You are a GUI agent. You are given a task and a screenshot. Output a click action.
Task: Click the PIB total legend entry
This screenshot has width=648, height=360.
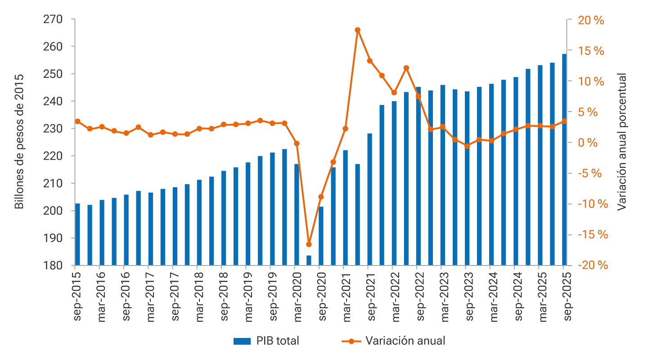pos(266,341)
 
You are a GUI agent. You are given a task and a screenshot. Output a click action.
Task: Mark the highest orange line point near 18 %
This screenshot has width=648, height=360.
pos(357,30)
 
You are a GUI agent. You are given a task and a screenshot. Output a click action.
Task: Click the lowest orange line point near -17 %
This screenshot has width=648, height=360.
pos(309,244)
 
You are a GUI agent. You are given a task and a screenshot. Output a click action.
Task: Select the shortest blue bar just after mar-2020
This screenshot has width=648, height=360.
pos(309,261)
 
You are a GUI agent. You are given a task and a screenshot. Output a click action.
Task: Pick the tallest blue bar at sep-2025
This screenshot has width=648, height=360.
pos(564,160)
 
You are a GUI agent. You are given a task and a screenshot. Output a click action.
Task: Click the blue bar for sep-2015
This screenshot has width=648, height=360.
pos(77,234)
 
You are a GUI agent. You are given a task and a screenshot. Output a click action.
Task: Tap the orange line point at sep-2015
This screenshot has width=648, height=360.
pos(77,121)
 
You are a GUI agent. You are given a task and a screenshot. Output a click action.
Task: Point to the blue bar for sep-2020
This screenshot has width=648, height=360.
pos(321,236)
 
